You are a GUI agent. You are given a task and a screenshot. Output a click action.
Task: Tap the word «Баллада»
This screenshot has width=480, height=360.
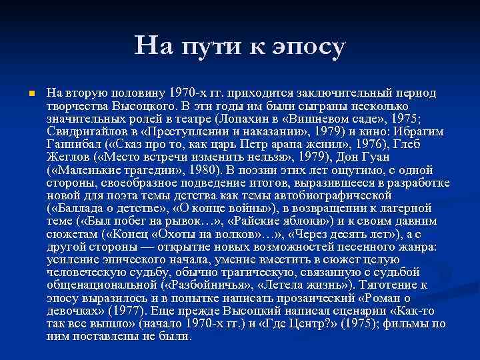click(78, 207)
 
